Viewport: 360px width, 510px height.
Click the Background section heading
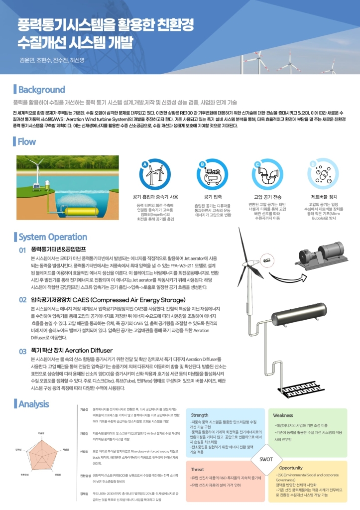pyautogui.click(x=41, y=90)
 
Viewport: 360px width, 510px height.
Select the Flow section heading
pyautogui.click(x=33, y=142)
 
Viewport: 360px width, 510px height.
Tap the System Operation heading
pyautogui.click(x=52, y=237)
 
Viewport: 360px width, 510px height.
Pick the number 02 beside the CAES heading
pyautogui.click(x=22, y=300)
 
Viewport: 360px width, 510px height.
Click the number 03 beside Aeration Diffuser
pyautogui.click(x=22, y=351)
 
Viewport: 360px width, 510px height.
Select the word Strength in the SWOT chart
pyautogui.click(x=200, y=415)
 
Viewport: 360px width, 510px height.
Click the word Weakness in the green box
pyautogui.click(x=283, y=415)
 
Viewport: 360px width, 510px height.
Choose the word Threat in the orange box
pyautogui.click(x=198, y=469)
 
